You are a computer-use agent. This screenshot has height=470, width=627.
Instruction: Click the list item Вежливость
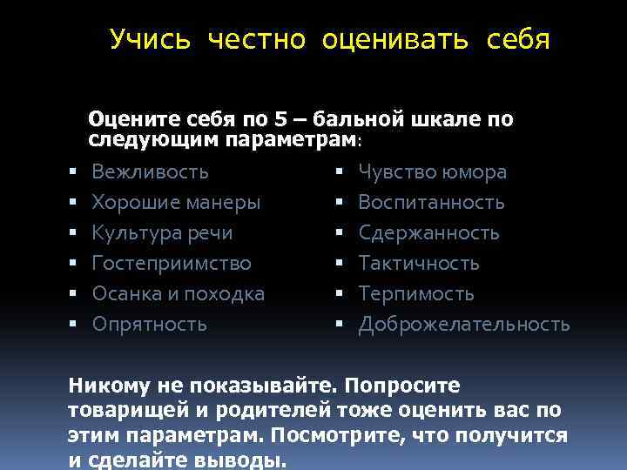pyautogui.click(x=150, y=171)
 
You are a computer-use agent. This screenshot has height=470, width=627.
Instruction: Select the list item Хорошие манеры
pyautogui.click(x=175, y=202)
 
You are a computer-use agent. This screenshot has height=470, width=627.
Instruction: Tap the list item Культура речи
pyautogui.click(x=162, y=232)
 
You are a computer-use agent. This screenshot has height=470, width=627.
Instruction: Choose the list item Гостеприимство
pyautogui.click(x=171, y=263)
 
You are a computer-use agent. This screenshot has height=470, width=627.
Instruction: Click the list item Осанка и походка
pyautogui.click(x=178, y=293)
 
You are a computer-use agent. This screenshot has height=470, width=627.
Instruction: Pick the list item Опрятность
pyautogui.click(x=149, y=324)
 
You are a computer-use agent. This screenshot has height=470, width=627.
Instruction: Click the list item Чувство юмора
pyautogui.click(x=432, y=171)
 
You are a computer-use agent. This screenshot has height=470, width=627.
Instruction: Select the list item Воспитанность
pyautogui.click(x=431, y=202)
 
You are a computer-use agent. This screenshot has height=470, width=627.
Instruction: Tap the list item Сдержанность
pyautogui.click(x=428, y=232)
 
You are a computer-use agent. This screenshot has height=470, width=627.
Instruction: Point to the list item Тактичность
pyautogui.click(x=419, y=263)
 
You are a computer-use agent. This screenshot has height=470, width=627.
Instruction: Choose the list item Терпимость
pyautogui.click(x=416, y=293)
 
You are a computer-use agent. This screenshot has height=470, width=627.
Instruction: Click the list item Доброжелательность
pyautogui.click(x=464, y=324)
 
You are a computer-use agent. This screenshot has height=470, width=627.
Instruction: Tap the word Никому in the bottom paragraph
pyautogui.click(x=109, y=385)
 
